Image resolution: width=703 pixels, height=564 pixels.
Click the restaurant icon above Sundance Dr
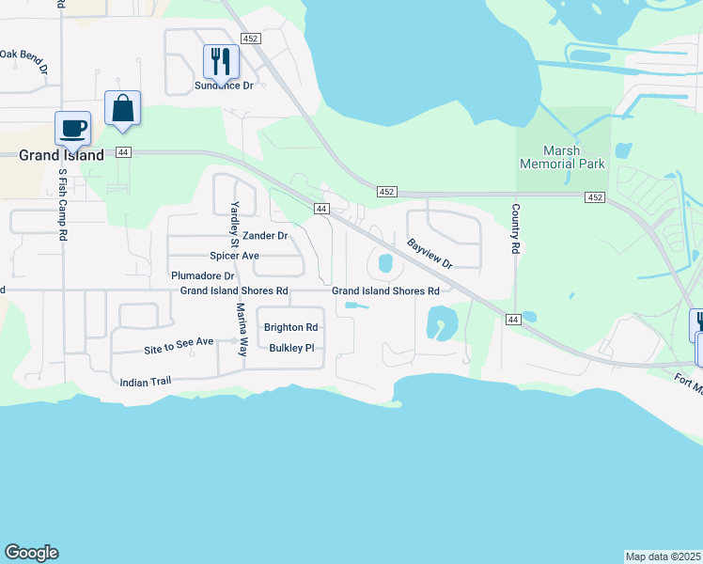pos(221,62)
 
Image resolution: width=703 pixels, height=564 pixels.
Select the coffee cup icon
pos(71,128)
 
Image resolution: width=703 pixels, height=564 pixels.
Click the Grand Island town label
pos(61,155)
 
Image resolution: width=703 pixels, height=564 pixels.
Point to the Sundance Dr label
pos(225,86)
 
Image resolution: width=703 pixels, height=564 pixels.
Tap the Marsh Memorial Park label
pos(562,157)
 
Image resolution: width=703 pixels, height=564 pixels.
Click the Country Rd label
pos(515,229)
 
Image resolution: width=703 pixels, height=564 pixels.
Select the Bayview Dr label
pos(430,253)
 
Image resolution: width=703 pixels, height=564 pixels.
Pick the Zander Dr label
pos(264,236)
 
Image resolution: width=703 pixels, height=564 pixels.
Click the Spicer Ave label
pos(234,256)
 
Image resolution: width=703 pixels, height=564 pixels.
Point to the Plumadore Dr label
pos(202,276)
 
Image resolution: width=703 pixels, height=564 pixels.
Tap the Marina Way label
pos(242,329)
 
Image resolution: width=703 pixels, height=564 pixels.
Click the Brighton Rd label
pos(290,328)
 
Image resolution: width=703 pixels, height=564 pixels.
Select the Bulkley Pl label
pos(290,348)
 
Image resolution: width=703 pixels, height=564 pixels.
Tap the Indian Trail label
pos(148,383)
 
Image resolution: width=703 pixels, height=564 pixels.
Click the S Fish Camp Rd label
pos(63,205)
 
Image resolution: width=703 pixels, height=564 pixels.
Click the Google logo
pos(31,553)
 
